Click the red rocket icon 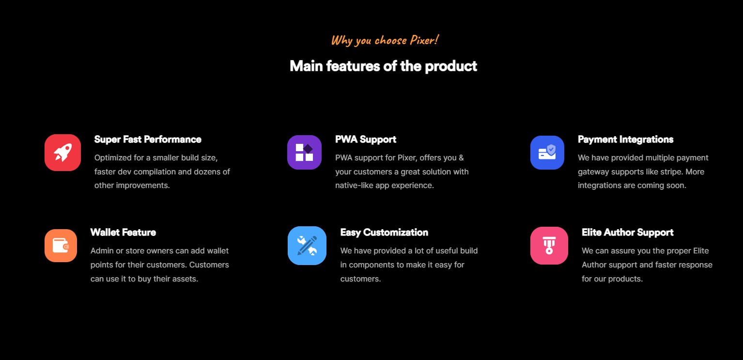(62, 153)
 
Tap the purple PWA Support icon (304, 152)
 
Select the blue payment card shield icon (547, 153)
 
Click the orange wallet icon (61, 246)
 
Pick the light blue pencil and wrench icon (307, 246)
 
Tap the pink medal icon (549, 246)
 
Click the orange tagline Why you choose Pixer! (385, 40)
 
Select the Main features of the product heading (383, 66)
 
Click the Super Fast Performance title (148, 140)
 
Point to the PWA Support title (366, 140)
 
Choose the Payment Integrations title (626, 140)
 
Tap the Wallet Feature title (123, 232)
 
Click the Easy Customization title (384, 232)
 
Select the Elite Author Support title (628, 232)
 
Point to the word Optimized (113, 158)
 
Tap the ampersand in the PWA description (462, 157)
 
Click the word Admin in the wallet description (102, 250)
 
